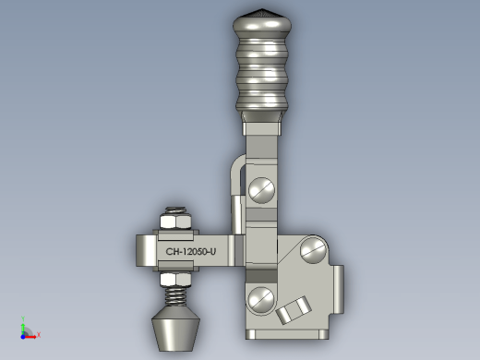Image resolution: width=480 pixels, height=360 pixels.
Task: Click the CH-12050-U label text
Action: coord(191,252)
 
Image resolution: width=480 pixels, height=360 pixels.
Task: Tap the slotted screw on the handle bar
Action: coord(261,190)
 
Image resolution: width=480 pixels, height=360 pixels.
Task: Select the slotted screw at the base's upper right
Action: coord(313,250)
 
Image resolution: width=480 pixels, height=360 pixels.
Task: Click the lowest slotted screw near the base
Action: coord(261,300)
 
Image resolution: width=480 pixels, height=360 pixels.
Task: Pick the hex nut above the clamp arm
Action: coord(175,222)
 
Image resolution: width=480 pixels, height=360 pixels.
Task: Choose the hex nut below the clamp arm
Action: coord(175,280)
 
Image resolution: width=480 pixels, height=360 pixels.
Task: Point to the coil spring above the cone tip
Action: coord(175,297)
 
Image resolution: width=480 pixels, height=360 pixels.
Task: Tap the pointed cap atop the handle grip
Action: coord(262,12)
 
